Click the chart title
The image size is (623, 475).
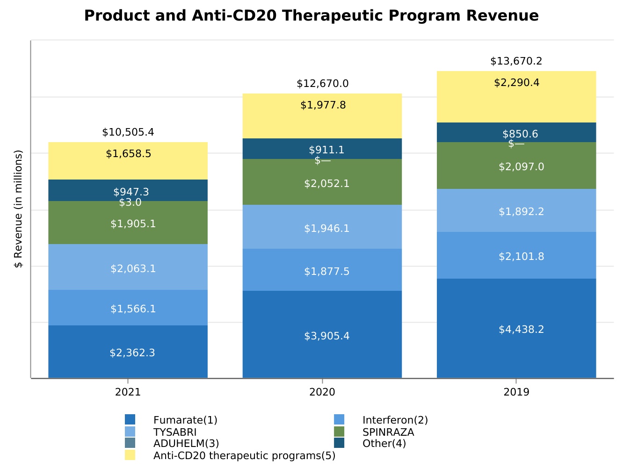311,16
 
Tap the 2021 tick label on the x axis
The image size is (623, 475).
128,392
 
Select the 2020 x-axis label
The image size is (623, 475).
322,392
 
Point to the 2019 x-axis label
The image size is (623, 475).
516,392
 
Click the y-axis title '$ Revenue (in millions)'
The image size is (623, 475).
19,209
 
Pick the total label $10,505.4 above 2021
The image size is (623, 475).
128,132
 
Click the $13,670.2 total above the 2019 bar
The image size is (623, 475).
516,61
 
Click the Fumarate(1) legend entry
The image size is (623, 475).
185,420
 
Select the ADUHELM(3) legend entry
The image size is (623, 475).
186,443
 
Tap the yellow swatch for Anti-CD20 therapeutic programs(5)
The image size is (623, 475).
130,455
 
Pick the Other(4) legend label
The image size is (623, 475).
384,443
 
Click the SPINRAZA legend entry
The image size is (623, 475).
388,432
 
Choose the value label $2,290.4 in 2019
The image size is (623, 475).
516,83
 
